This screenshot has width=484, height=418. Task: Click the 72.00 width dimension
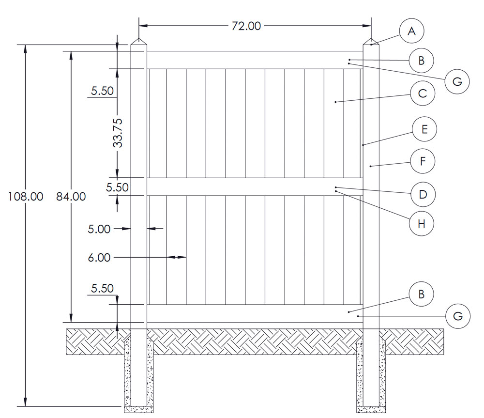(x=246, y=26)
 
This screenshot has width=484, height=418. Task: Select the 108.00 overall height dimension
(x=25, y=197)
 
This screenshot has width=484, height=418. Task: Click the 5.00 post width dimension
(x=99, y=229)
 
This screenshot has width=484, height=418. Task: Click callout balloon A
(x=411, y=31)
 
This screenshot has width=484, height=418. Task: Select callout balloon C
(x=423, y=93)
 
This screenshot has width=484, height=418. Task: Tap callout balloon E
(x=424, y=129)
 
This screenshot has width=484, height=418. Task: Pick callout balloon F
(x=423, y=161)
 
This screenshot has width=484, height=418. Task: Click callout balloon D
(x=423, y=195)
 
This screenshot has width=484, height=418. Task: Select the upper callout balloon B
(x=421, y=61)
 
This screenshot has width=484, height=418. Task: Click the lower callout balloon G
(x=458, y=316)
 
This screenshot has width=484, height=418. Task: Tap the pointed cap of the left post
(x=139, y=42)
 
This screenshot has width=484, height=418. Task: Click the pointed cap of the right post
(x=371, y=42)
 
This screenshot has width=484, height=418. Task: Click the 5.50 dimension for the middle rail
(x=118, y=187)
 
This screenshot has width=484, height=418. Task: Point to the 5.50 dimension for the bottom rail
(x=102, y=289)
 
